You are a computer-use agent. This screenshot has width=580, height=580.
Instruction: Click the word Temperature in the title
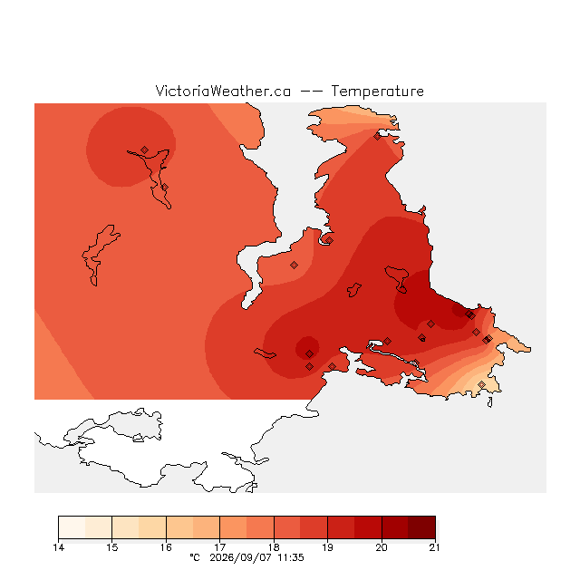377,91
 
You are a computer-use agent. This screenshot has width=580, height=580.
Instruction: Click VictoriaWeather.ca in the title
223,91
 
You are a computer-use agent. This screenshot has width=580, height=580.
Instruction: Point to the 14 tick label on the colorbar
58,547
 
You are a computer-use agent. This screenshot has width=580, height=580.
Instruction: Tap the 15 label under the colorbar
112,547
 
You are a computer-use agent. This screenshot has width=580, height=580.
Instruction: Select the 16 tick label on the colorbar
166,547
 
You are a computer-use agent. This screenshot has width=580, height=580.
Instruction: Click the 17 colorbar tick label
219,547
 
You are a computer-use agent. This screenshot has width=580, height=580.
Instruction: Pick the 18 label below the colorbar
274,547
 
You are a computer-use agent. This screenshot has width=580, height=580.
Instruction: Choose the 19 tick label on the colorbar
327,547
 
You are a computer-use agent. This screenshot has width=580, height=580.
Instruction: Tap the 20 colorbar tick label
382,547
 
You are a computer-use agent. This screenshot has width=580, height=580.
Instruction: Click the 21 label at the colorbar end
434,547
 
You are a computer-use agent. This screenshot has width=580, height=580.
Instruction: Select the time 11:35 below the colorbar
291,558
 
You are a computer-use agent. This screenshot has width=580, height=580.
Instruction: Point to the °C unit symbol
195,557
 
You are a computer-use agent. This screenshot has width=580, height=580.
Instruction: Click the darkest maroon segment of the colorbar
421,527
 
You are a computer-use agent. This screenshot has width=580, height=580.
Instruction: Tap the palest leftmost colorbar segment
72,527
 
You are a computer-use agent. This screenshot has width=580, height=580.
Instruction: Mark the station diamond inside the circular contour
145,150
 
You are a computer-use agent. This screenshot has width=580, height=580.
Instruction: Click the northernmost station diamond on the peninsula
377,137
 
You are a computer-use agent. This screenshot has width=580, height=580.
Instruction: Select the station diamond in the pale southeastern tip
481,384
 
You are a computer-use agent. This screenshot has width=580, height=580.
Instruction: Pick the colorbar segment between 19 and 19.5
341,527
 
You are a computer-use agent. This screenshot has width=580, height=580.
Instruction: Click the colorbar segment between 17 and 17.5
234,527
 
